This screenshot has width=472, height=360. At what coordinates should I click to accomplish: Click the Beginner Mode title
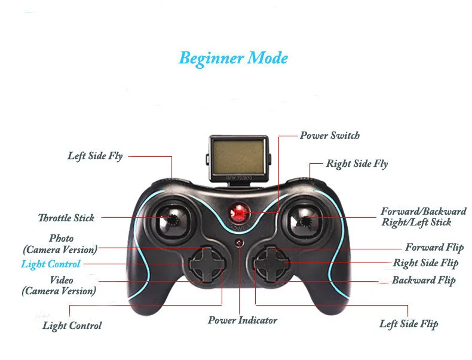(x=233, y=59)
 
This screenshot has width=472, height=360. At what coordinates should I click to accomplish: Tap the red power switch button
(x=238, y=212)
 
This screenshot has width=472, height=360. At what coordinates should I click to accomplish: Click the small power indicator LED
(x=238, y=243)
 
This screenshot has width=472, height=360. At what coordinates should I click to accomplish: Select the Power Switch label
(x=330, y=135)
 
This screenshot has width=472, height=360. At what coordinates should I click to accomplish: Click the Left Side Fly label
(x=95, y=156)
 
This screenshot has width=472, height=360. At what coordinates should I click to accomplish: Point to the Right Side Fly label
(x=357, y=163)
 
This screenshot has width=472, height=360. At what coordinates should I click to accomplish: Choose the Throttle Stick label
(x=66, y=218)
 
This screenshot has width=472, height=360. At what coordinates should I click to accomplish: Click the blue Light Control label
(x=50, y=264)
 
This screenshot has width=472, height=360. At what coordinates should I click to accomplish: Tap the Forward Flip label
(x=434, y=247)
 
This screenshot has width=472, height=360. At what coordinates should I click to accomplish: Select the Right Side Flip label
(x=425, y=263)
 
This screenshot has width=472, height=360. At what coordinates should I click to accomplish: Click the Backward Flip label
(x=424, y=280)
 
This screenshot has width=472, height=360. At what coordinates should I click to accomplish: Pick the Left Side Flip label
(x=409, y=324)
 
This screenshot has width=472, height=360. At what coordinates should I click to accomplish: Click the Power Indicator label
(x=243, y=320)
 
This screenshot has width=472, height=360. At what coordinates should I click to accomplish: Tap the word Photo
(x=62, y=238)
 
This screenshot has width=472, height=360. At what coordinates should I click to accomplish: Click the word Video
(x=61, y=280)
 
